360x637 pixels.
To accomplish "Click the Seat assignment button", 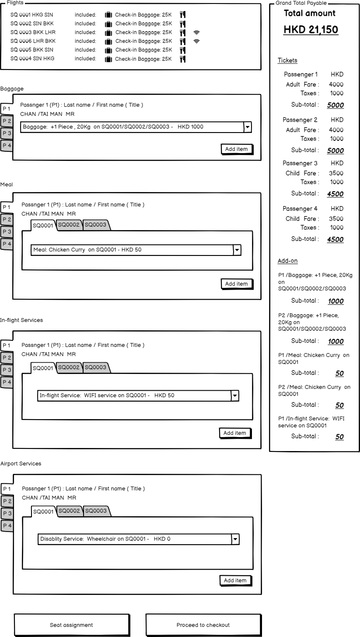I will pyautogui.click(x=71, y=625).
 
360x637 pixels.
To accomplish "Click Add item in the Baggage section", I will pyautogui.click(x=236, y=149).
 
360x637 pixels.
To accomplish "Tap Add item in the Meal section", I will pyautogui.click(x=236, y=284).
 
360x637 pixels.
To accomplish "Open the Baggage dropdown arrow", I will pyautogui.click(x=248, y=127).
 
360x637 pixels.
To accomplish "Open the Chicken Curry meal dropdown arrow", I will pyautogui.click(x=237, y=250).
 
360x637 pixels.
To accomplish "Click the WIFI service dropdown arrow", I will pyautogui.click(x=235, y=395).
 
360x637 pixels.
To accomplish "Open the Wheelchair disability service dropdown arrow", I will pyautogui.click(x=235, y=539).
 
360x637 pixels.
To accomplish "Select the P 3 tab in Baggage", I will pyautogui.click(x=7, y=133).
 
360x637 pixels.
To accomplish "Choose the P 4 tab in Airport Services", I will pyautogui.click(x=7, y=525).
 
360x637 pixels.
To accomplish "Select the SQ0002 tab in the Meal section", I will pyautogui.click(x=69, y=225).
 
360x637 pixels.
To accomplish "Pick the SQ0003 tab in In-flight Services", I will pyautogui.click(x=95, y=367).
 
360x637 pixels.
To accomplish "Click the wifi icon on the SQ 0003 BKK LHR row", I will pyautogui.click(x=196, y=32).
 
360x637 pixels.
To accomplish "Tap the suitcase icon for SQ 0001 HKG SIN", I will pyautogui.click(x=108, y=15).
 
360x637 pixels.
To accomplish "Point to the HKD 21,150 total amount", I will pyautogui.click(x=311, y=30).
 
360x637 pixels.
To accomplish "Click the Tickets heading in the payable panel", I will pyautogui.click(x=287, y=60).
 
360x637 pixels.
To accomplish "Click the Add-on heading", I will pyautogui.click(x=287, y=261).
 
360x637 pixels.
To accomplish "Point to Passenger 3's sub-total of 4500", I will pyautogui.click(x=336, y=194).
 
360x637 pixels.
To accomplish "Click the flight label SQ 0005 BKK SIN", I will pyautogui.click(x=32, y=50).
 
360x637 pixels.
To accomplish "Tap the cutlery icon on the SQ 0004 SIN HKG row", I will pyautogui.click(x=183, y=59).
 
